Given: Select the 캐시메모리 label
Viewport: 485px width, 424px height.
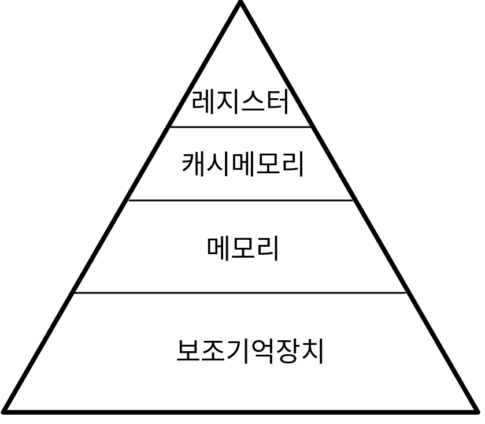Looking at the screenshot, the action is pos(243,164).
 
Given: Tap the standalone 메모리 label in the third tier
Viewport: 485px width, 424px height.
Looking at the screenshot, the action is pos(243,249).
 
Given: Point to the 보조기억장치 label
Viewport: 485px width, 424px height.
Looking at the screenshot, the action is pos(250,351).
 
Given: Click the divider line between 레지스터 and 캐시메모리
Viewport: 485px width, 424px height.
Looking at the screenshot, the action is pos(240,127).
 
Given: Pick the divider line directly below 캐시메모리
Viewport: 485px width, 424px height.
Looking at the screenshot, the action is pos(240,200).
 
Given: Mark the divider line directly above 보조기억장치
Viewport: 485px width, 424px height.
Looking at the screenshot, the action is pos(240,293).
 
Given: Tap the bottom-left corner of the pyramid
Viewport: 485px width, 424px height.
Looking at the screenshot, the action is pos(5,412).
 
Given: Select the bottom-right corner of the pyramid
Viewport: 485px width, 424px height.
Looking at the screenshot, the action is pos(477,412).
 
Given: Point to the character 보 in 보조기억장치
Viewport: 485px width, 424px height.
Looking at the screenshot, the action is pos(188,351).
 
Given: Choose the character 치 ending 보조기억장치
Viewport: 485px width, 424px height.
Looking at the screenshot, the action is pos(312,351).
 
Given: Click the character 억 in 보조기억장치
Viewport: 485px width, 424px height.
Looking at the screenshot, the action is pos(262,351).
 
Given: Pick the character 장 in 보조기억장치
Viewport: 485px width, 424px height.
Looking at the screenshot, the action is pos(287,351).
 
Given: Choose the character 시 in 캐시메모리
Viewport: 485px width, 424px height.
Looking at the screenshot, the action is pos(219,164).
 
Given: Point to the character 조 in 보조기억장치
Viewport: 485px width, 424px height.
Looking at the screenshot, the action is pos(213,351).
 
